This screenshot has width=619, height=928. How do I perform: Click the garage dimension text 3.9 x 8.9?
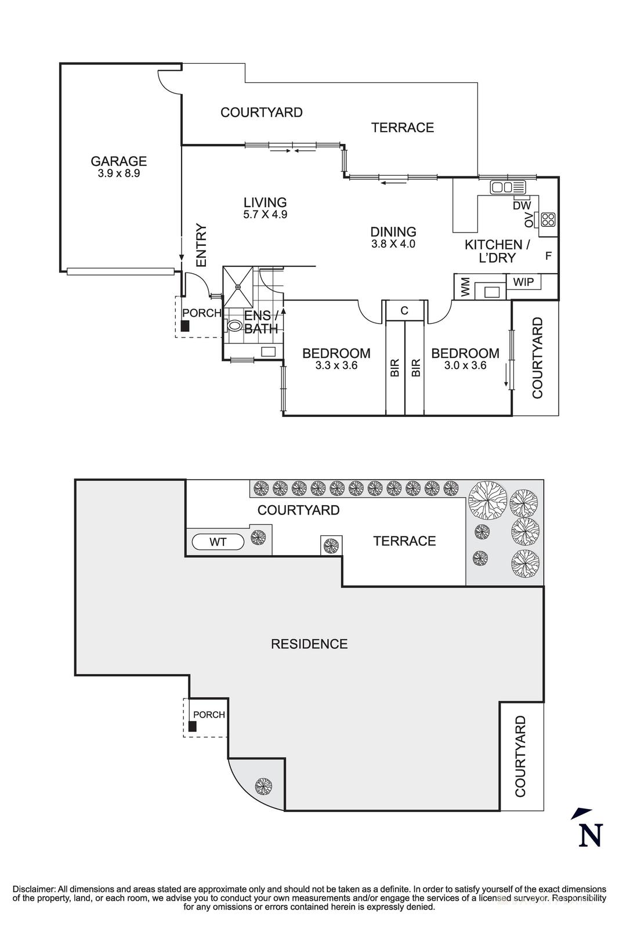pos(118,173)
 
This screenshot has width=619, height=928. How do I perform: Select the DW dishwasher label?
pos(522,205)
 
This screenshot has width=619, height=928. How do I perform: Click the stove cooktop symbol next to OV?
pos(548,219)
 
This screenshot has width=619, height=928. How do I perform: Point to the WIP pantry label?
pos(524,282)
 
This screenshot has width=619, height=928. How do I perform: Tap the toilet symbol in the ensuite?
pos(236,327)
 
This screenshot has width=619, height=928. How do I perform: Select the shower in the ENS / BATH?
pos(238,287)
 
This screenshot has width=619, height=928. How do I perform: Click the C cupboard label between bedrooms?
pos(404,311)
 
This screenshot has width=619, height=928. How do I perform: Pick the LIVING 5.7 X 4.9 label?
pos(265,208)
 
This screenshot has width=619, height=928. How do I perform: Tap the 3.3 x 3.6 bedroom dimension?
pos(336,365)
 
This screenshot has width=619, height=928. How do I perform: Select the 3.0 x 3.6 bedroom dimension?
pos(465,365)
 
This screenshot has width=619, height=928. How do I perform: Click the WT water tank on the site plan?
pos(218,542)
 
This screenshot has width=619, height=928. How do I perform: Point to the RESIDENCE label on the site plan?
pos(309,644)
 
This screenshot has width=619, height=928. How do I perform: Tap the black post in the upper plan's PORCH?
pos(184,326)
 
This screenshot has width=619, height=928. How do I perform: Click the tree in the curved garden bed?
pos(263,786)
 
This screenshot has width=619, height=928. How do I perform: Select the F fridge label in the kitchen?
pos(548,255)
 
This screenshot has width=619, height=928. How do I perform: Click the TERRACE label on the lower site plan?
pos(404,541)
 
